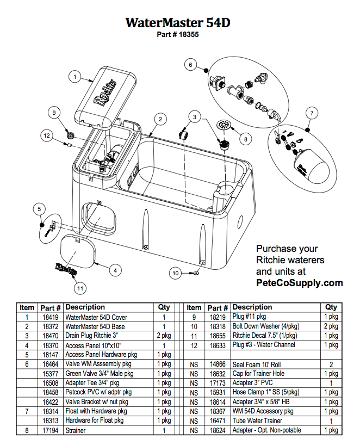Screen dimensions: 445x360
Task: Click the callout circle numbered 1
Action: pos(75,77)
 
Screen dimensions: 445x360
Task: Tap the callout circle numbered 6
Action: pos(190,65)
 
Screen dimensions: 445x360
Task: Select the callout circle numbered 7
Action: pos(311,113)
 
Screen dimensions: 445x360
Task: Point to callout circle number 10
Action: pos(176,273)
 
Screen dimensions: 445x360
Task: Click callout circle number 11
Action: pos(80,287)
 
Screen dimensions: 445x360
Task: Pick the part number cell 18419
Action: pos(50,317)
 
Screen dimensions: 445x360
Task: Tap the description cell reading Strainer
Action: pos(76,430)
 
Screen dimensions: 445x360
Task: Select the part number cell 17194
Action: pos(50,430)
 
